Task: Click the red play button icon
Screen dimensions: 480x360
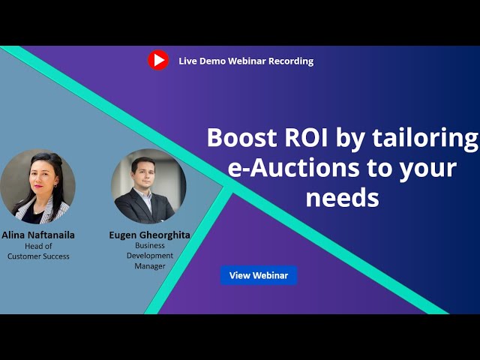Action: click(x=158, y=60)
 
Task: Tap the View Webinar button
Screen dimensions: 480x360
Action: click(x=259, y=275)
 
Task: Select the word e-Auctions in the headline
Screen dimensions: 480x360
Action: click(x=293, y=168)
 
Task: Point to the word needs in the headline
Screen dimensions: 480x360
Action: click(x=342, y=198)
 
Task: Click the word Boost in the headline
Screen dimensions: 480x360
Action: click(x=241, y=138)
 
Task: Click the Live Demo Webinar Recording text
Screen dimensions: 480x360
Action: click(x=246, y=61)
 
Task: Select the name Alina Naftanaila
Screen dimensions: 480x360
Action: click(x=38, y=235)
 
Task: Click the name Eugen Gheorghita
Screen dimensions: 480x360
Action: click(x=150, y=235)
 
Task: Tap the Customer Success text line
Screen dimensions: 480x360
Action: click(x=38, y=256)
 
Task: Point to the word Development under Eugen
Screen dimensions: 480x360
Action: click(x=150, y=256)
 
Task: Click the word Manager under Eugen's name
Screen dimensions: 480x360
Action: click(x=150, y=266)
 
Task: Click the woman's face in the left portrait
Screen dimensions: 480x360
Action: click(x=42, y=177)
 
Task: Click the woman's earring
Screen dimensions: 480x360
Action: click(x=55, y=185)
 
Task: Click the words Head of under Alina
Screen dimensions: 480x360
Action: click(x=38, y=246)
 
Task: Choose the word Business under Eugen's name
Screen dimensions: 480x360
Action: click(x=150, y=245)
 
